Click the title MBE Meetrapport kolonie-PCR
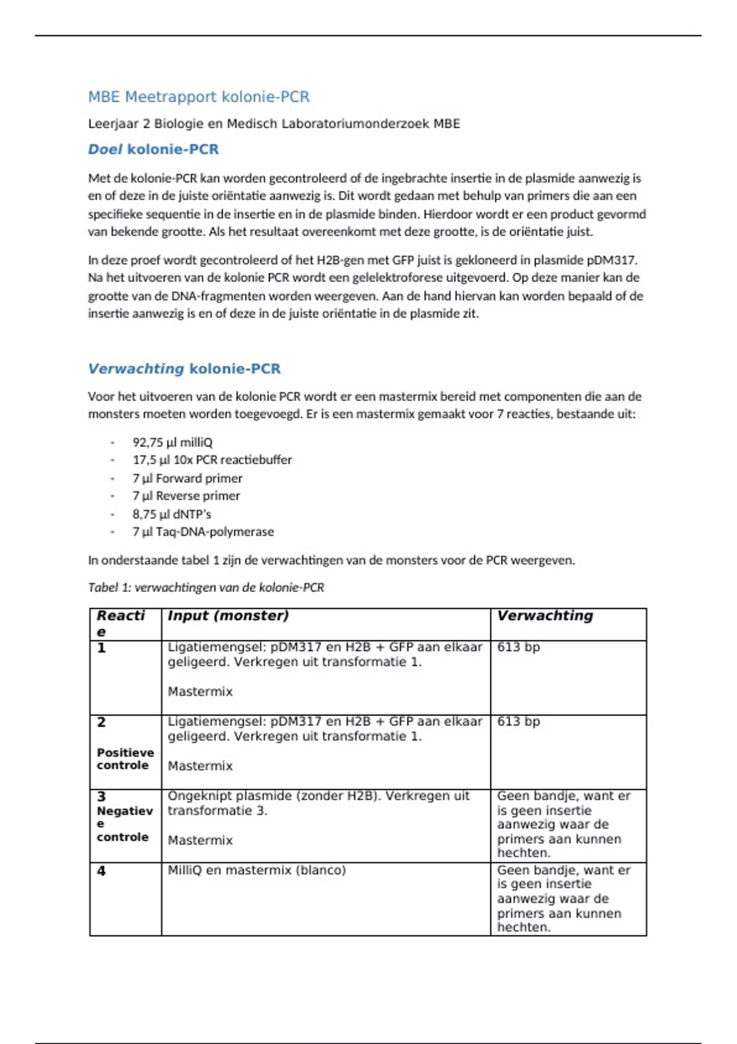click(x=198, y=97)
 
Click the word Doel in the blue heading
click(x=105, y=149)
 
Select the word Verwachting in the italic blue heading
click(x=136, y=368)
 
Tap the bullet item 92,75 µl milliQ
click(x=173, y=442)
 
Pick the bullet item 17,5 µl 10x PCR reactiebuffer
click(x=212, y=460)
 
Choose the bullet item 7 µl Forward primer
click(x=187, y=478)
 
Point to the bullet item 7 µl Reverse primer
click(x=186, y=496)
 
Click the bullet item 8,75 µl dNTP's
click(x=171, y=514)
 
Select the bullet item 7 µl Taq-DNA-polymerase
click(x=203, y=532)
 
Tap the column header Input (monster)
click(x=228, y=616)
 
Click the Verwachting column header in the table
click(x=545, y=616)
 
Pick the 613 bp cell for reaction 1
click(x=518, y=647)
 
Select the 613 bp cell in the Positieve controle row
click(x=518, y=722)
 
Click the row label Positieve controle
click(x=125, y=759)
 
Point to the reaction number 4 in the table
click(x=101, y=871)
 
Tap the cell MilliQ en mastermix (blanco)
click(x=257, y=870)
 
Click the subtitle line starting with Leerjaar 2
click(x=274, y=124)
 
